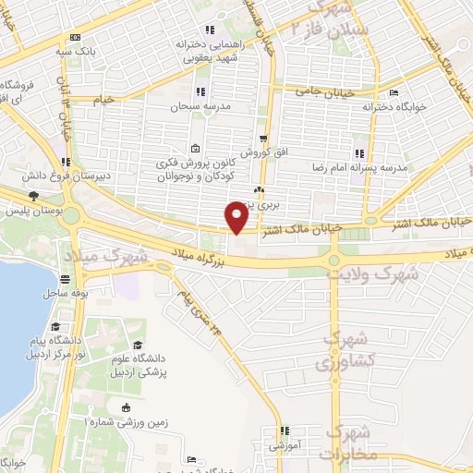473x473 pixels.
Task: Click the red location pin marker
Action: click(x=236, y=217)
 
